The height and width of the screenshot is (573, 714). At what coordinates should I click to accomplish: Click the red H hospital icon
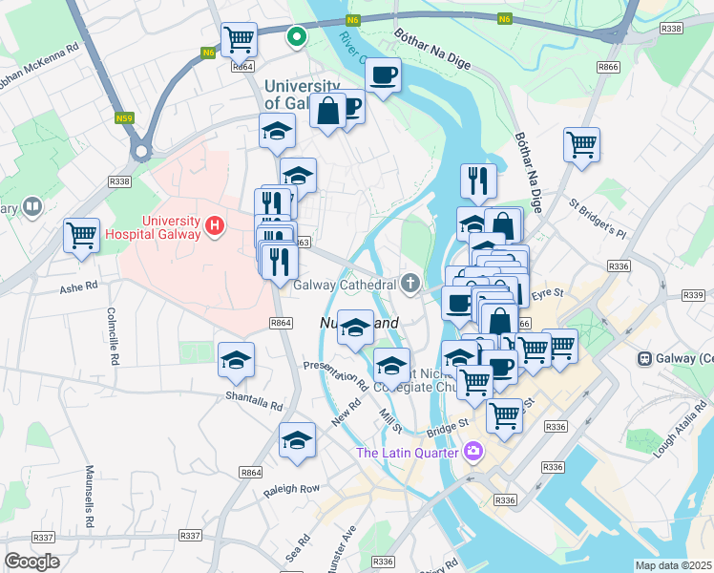215,227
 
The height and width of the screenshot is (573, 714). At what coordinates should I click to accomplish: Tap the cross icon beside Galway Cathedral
410,283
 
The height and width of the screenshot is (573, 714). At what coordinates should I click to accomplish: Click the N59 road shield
123,118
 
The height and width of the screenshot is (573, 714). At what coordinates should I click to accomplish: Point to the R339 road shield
694,296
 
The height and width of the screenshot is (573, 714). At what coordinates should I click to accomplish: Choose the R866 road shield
608,67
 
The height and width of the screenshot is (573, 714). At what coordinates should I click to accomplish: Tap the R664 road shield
243,67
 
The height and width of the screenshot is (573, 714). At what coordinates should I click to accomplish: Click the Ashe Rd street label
79,286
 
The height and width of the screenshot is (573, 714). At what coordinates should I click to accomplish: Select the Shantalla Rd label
254,400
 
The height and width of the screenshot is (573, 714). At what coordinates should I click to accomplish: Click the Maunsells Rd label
91,497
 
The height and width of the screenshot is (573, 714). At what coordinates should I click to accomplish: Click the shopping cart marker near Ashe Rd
82,235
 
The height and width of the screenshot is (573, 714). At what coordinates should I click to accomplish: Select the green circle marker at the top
297,37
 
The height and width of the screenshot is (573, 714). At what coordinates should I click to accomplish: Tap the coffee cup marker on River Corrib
382,74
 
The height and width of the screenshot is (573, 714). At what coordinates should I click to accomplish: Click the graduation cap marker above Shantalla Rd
236,359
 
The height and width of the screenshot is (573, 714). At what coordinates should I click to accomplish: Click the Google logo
31,562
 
